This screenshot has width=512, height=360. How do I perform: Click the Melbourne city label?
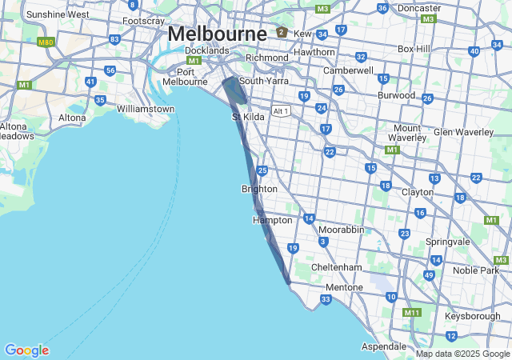point(217,34)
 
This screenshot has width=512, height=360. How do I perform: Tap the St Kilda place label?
point(248,117)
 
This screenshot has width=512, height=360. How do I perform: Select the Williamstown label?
point(146,108)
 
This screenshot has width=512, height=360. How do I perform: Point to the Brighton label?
point(259,189)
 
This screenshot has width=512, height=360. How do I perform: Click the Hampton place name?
point(271,220)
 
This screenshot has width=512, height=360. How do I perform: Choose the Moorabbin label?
point(341,230)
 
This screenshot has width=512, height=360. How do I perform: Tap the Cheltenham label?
point(336,266)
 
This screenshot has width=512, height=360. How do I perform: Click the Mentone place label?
point(345,287)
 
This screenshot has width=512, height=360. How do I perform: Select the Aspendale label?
point(384,346)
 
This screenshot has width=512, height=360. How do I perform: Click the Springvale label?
point(448,241)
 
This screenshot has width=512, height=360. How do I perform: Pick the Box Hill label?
point(414,49)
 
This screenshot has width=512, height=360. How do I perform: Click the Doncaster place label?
point(419,8)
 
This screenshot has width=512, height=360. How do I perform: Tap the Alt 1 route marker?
point(280,111)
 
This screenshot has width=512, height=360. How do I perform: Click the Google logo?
point(26,350)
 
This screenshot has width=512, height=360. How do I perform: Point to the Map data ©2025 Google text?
point(462,354)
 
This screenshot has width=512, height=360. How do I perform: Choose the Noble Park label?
point(475,270)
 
